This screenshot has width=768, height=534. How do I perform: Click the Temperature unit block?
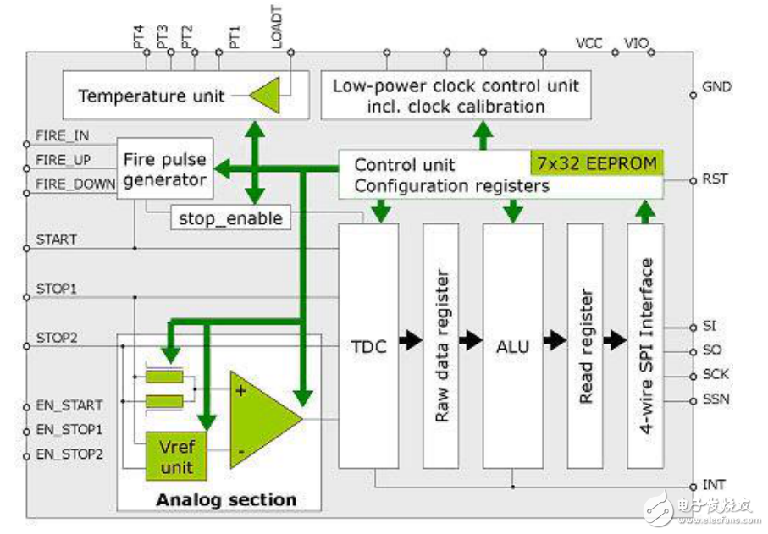click(152, 96)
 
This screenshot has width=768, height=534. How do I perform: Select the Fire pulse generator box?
click(164, 169)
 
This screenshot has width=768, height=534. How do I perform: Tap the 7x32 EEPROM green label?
click(595, 163)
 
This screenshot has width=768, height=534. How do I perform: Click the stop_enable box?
click(229, 217)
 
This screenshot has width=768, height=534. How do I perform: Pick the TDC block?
click(368, 345)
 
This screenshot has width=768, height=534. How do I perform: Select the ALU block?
click(512, 345)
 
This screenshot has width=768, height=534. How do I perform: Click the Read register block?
click(584, 345)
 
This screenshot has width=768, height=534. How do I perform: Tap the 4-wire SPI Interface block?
click(647, 345)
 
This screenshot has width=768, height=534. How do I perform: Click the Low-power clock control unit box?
click(456, 96)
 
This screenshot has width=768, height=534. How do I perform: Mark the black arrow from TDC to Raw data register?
click(410, 341)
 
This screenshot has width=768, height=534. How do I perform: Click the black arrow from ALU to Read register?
click(555, 341)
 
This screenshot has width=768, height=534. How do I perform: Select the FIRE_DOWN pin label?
click(75, 183)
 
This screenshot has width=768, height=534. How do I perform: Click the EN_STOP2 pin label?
click(69, 454)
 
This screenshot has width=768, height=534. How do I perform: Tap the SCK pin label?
click(716, 374)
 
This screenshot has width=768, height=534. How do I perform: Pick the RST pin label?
click(715, 179)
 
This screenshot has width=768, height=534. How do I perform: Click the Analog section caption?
click(226, 499)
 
